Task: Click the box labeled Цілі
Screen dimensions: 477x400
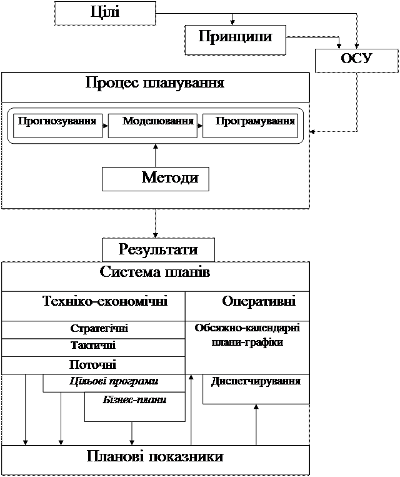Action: pyautogui.click(x=104, y=13)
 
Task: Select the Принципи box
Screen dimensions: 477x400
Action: pyautogui.click(x=235, y=37)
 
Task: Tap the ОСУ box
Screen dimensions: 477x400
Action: pyautogui.click(x=356, y=60)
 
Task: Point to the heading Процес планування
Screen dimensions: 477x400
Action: pyautogui.click(x=155, y=83)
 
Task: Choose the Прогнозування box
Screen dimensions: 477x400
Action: pyautogui.click(x=57, y=121)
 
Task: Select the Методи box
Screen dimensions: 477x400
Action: pyautogui.click(x=156, y=178)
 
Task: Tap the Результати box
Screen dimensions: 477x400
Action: pyautogui.click(x=158, y=250)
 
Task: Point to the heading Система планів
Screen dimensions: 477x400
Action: pyautogui.click(x=155, y=273)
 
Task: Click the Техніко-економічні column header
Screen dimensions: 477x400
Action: pyautogui.click(x=105, y=301)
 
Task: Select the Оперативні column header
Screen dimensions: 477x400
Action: pyautogui.click(x=259, y=301)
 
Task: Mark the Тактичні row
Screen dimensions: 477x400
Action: pyautogui.click(x=92, y=346)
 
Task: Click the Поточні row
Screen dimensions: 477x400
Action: pyautogui.click(x=92, y=364)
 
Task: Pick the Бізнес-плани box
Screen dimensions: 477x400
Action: pyautogui.click(x=134, y=399)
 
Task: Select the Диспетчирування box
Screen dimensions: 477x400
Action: pyautogui.click(x=256, y=381)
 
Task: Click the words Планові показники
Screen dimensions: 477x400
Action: pyautogui.click(x=155, y=457)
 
